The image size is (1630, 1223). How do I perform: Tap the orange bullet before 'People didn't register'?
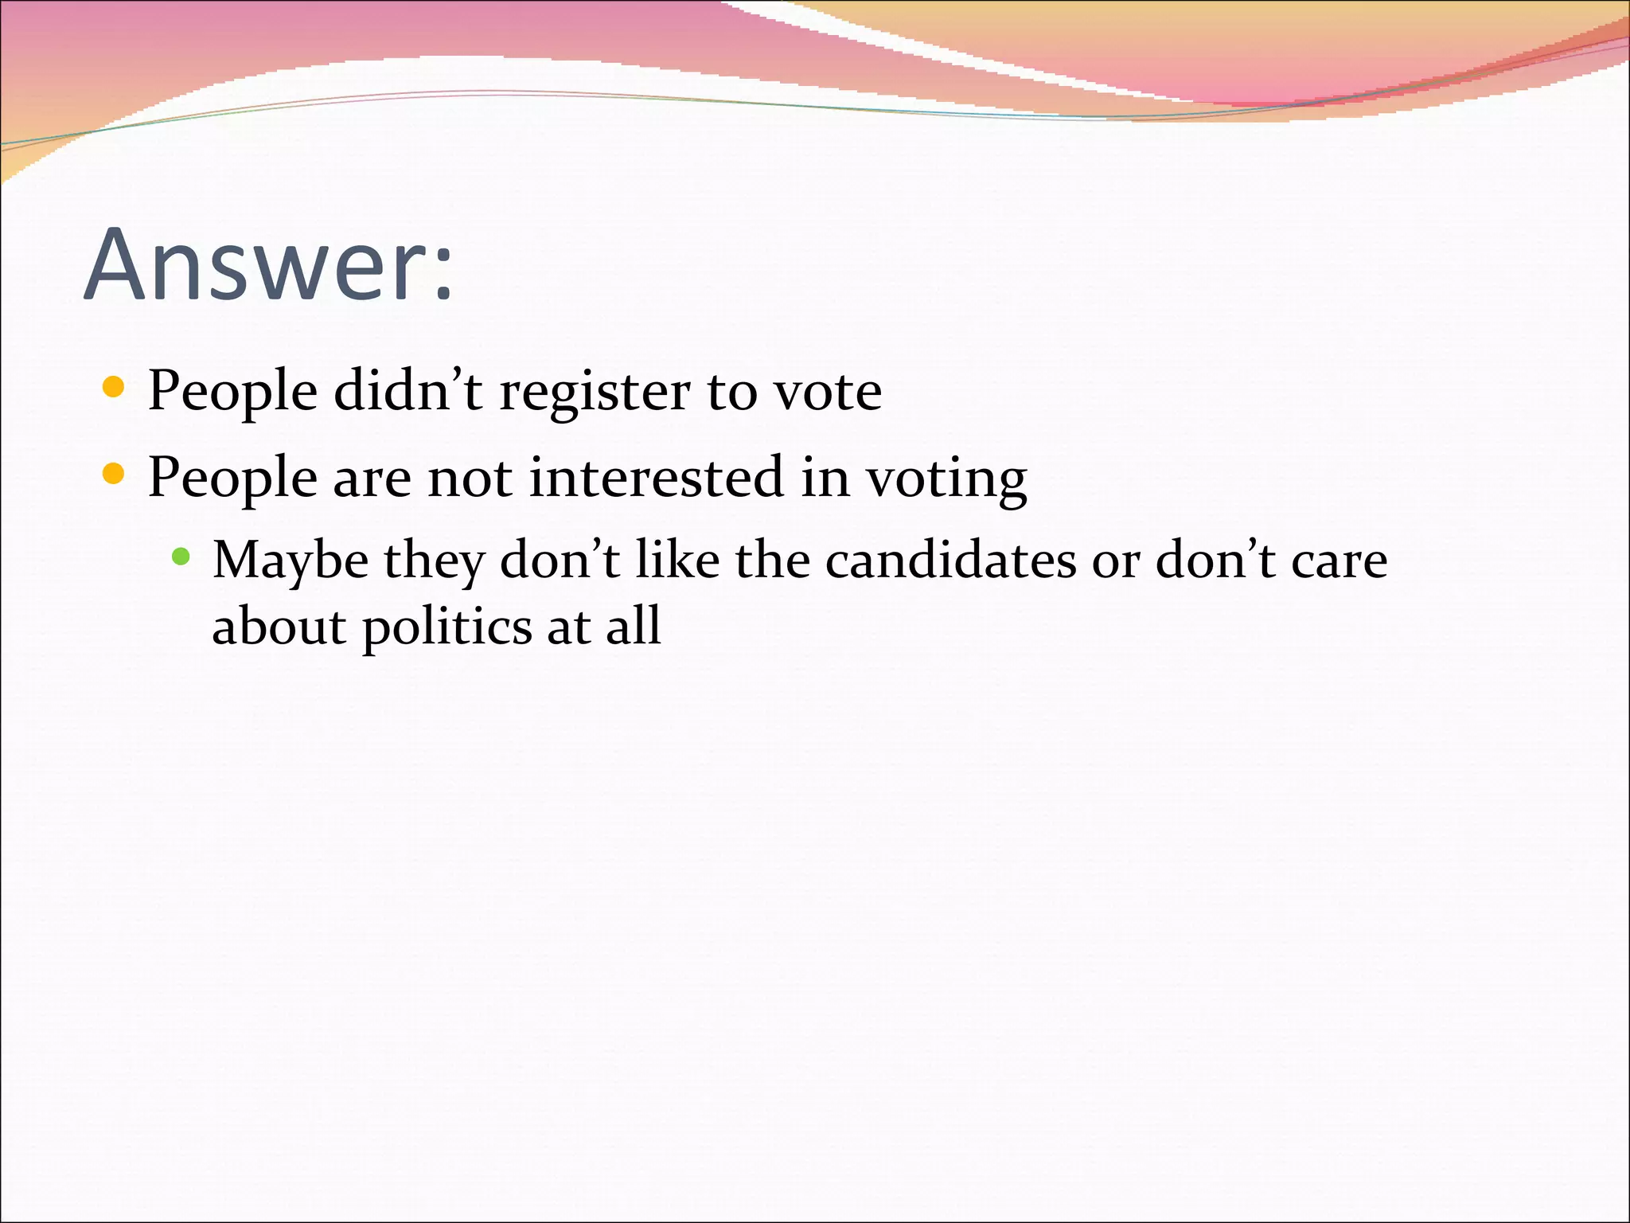click(x=114, y=388)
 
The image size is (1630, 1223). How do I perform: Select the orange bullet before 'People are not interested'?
click(x=114, y=475)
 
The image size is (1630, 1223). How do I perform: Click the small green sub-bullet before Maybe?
click(x=181, y=556)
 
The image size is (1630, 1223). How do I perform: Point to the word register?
click(x=595, y=392)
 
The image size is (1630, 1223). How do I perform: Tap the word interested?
click(x=656, y=478)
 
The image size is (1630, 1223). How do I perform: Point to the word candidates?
click(x=950, y=561)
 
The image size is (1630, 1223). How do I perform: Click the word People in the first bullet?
click(x=232, y=392)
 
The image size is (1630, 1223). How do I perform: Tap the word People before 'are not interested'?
click(x=232, y=479)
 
